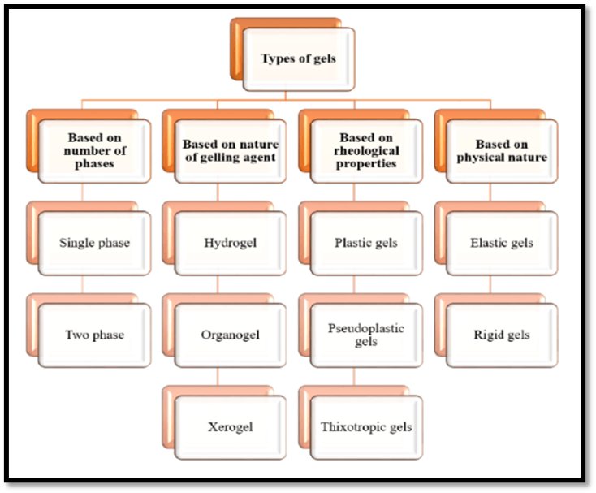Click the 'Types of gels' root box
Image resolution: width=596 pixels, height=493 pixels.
click(x=299, y=58)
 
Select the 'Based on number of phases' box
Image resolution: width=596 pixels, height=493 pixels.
click(x=96, y=150)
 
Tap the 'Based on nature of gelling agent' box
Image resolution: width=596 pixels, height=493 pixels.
click(x=231, y=150)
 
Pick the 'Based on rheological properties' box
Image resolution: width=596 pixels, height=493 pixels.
click(x=367, y=150)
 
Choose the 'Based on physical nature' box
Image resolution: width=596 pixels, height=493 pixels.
click(x=502, y=150)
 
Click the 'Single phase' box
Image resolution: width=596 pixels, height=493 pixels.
click(x=95, y=242)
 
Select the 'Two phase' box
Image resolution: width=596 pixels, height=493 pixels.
click(x=95, y=334)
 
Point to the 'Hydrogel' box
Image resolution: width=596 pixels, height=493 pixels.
click(x=231, y=242)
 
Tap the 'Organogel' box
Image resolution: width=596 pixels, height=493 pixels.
click(x=231, y=334)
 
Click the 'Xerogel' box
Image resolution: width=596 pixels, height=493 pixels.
click(x=231, y=426)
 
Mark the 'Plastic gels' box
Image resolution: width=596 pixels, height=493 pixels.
click(x=367, y=242)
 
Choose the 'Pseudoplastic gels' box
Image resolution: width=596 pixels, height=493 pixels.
click(x=367, y=334)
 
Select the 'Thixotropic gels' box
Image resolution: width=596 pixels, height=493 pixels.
click(x=367, y=426)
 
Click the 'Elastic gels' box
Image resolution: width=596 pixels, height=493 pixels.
click(x=502, y=242)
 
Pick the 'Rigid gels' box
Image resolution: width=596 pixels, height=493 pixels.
click(x=502, y=334)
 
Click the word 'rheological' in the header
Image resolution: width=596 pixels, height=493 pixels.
click(x=367, y=151)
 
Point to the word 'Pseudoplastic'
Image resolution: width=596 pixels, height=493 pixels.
click(x=366, y=328)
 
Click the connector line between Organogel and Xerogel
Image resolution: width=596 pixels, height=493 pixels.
click(x=218, y=378)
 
